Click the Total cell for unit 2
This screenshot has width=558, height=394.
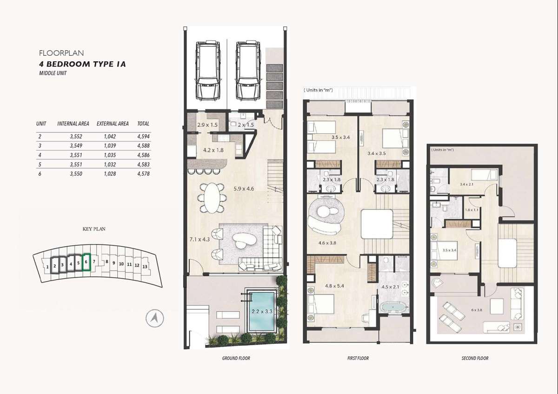143,137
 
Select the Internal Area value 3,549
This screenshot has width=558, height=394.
76,145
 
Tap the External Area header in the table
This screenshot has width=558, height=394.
113,124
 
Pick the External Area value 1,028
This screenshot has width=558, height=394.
110,174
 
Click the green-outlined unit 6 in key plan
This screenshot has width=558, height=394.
86,262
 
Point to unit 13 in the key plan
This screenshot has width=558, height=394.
145,267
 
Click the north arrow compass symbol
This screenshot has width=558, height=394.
155,318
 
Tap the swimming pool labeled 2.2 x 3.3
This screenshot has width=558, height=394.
262,311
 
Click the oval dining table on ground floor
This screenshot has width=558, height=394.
212,198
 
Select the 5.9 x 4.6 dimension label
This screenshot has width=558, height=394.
244,189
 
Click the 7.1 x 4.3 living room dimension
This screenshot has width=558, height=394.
199,239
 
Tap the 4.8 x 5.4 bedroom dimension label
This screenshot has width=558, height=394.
334,286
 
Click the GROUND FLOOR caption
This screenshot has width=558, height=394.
236,358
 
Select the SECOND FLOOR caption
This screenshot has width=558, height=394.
475,358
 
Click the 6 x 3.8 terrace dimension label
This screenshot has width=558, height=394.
477,310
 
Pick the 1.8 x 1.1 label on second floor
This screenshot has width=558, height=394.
472,210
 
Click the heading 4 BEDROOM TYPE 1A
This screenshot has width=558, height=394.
82,64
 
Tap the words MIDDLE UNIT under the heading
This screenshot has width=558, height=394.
53,73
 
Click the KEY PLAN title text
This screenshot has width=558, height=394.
94,229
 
